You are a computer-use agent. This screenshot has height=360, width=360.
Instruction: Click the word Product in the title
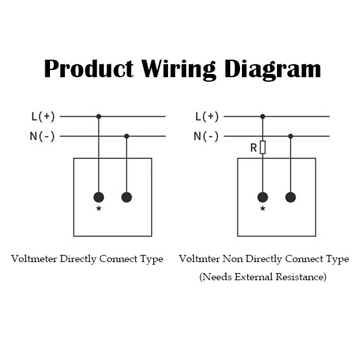[x=89, y=69]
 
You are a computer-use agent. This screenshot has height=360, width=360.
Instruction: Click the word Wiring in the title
[x=178, y=70]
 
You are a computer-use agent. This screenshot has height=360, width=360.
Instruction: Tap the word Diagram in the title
[x=272, y=70]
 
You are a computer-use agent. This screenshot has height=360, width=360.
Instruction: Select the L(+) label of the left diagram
[x=43, y=117]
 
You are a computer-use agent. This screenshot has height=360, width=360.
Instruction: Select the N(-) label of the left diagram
[x=42, y=136]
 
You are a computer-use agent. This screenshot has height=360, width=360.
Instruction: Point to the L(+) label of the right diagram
[x=207, y=117]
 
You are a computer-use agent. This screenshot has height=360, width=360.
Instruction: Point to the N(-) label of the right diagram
[x=206, y=136]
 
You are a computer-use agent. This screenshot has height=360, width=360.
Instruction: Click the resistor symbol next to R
[x=263, y=147]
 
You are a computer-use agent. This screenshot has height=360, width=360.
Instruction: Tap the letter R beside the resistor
[x=254, y=148]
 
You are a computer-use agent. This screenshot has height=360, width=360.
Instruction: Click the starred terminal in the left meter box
[x=99, y=197]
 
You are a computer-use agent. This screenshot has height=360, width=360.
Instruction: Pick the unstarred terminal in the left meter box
[x=126, y=197]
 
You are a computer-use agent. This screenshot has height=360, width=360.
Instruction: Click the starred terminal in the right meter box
[x=263, y=197]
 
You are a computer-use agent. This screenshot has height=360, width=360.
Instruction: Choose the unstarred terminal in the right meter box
[x=291, y=197]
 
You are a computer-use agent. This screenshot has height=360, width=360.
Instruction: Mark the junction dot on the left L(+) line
[x=99, y=116]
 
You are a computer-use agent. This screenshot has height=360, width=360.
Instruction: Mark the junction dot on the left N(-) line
[x=126, y=136]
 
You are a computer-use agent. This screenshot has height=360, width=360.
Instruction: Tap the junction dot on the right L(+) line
[x=263, y=116]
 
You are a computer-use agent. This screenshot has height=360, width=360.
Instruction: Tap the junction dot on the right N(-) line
[x=291, y=136]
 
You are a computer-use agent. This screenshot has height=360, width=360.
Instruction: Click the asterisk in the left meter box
[x=99, y=208]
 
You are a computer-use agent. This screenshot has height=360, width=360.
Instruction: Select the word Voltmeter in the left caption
[x=34, y=259]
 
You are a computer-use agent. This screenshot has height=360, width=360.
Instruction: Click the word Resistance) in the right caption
[x=301, y=277]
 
